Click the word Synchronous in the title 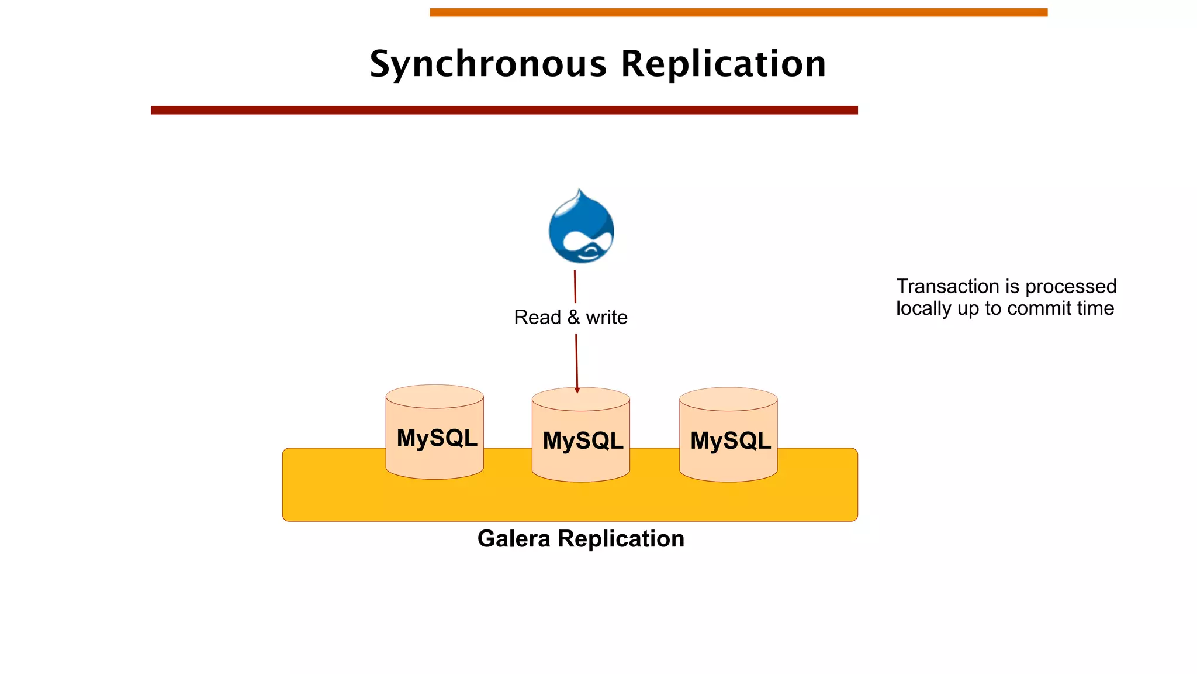coord(488,64)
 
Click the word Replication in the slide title coord(723,64)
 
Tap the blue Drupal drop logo coord(581,228)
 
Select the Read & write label coord(570,317)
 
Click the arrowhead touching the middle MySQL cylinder coord(577,390)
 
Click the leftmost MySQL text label coord(437,438)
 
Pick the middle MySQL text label coord(583,441)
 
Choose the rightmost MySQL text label coord(730,441)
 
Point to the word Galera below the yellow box coord(514,539)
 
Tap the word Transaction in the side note coord(947,287)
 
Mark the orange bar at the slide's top coord(738,12)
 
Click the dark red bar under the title coord(504,110)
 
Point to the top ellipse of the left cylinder coord(434,396)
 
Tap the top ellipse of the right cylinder coord(728,398)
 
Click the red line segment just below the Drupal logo coord(575,287)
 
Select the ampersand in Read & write coord(573,317)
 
